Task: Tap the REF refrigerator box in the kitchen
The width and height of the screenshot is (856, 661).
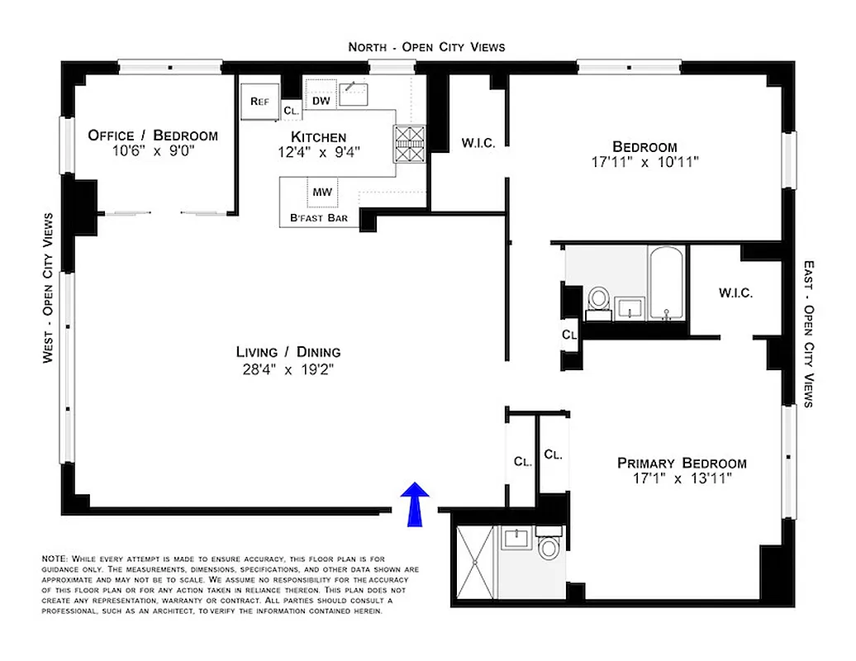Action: tap(259, 102)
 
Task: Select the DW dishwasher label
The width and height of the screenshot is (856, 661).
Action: tap(321, 101)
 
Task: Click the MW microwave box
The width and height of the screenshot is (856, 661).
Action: tap(321, 193)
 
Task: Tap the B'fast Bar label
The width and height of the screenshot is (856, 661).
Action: tap(318, 219)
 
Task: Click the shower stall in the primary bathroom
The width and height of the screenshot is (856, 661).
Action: tap(475, 554)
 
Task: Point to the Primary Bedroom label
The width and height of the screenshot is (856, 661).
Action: tap(682, 463)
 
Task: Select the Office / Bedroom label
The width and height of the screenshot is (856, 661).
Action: tap(153, 136)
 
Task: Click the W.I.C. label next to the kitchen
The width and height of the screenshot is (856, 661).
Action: tap(478, 143)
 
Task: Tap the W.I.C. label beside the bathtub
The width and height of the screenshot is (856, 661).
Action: tap(735, 292)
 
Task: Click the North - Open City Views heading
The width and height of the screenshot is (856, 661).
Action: tap(426, 47)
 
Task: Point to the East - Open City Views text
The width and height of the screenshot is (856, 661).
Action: tap(809, 334)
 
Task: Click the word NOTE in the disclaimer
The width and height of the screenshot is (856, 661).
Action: tap(55, 559)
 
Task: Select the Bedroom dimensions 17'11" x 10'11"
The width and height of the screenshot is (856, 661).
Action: tap(646, 163)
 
